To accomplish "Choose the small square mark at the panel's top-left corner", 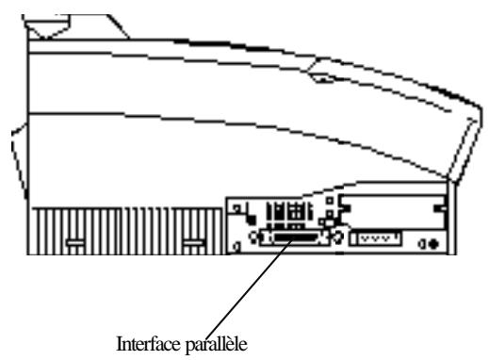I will click(x=232, y=200).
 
